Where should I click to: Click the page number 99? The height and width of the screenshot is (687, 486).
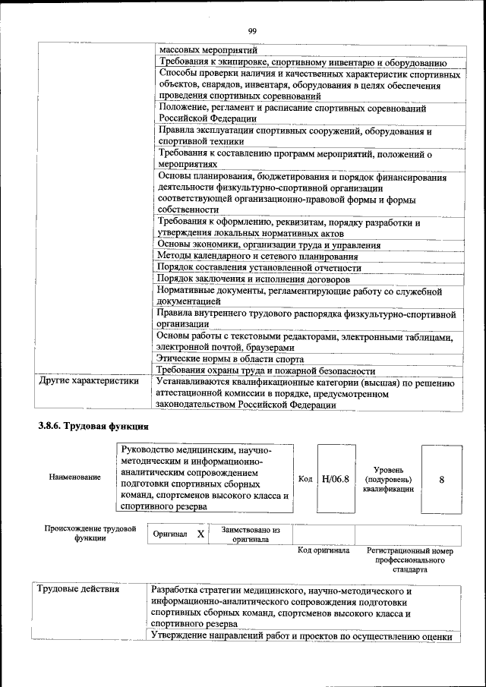point(253,31)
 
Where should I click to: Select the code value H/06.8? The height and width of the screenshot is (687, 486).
point(335,478)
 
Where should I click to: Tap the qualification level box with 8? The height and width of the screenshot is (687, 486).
point(441,479)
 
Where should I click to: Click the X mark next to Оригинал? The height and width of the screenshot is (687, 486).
point(200,534)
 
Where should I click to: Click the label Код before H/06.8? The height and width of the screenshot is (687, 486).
point(305,479)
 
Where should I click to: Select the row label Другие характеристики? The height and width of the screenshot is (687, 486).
point(90,381)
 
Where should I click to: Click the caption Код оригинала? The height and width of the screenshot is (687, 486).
point(323,550)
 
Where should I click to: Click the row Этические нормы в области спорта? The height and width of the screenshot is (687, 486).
point(230,358)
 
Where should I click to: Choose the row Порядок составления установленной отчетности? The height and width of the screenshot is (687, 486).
point(258,267)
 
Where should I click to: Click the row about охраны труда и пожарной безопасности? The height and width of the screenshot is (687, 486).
point(266,370)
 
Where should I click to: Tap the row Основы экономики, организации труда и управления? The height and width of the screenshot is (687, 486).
point(269,245)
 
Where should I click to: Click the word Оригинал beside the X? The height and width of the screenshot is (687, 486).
point(170,534)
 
